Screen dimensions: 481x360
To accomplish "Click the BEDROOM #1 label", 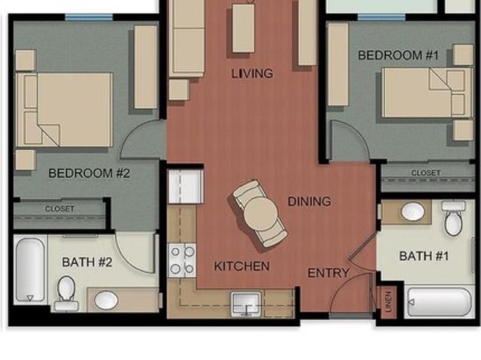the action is pos(398,56).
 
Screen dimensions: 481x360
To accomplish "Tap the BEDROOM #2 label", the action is pos(89,174).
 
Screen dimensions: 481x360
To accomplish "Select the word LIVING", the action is pos(252,74).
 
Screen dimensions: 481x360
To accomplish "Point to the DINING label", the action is pos(309,201).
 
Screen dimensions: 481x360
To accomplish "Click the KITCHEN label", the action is pos(242,266).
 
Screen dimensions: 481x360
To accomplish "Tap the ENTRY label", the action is pos(328,273).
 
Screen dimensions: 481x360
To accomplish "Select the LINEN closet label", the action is pos(389,302).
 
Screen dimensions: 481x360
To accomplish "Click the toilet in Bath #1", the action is pos(453,219).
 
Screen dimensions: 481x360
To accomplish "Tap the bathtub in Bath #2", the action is pos(30,269).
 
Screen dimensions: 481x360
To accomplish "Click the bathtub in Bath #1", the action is pos(439,302).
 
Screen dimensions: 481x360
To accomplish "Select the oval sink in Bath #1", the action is pos(413,212).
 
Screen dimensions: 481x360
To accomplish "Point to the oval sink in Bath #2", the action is pos(106,300).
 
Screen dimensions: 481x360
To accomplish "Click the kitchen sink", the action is pos(246,304).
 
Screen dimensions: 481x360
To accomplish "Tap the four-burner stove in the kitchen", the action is pos(182,260).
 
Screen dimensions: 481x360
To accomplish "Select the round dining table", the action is pos(261,213).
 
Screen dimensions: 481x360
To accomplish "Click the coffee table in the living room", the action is pos(244,29).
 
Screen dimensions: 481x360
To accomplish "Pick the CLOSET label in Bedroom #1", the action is pos(426,173).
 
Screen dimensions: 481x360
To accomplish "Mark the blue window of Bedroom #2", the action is pos(89,17).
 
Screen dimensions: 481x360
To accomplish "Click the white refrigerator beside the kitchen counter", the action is pos(186,186).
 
